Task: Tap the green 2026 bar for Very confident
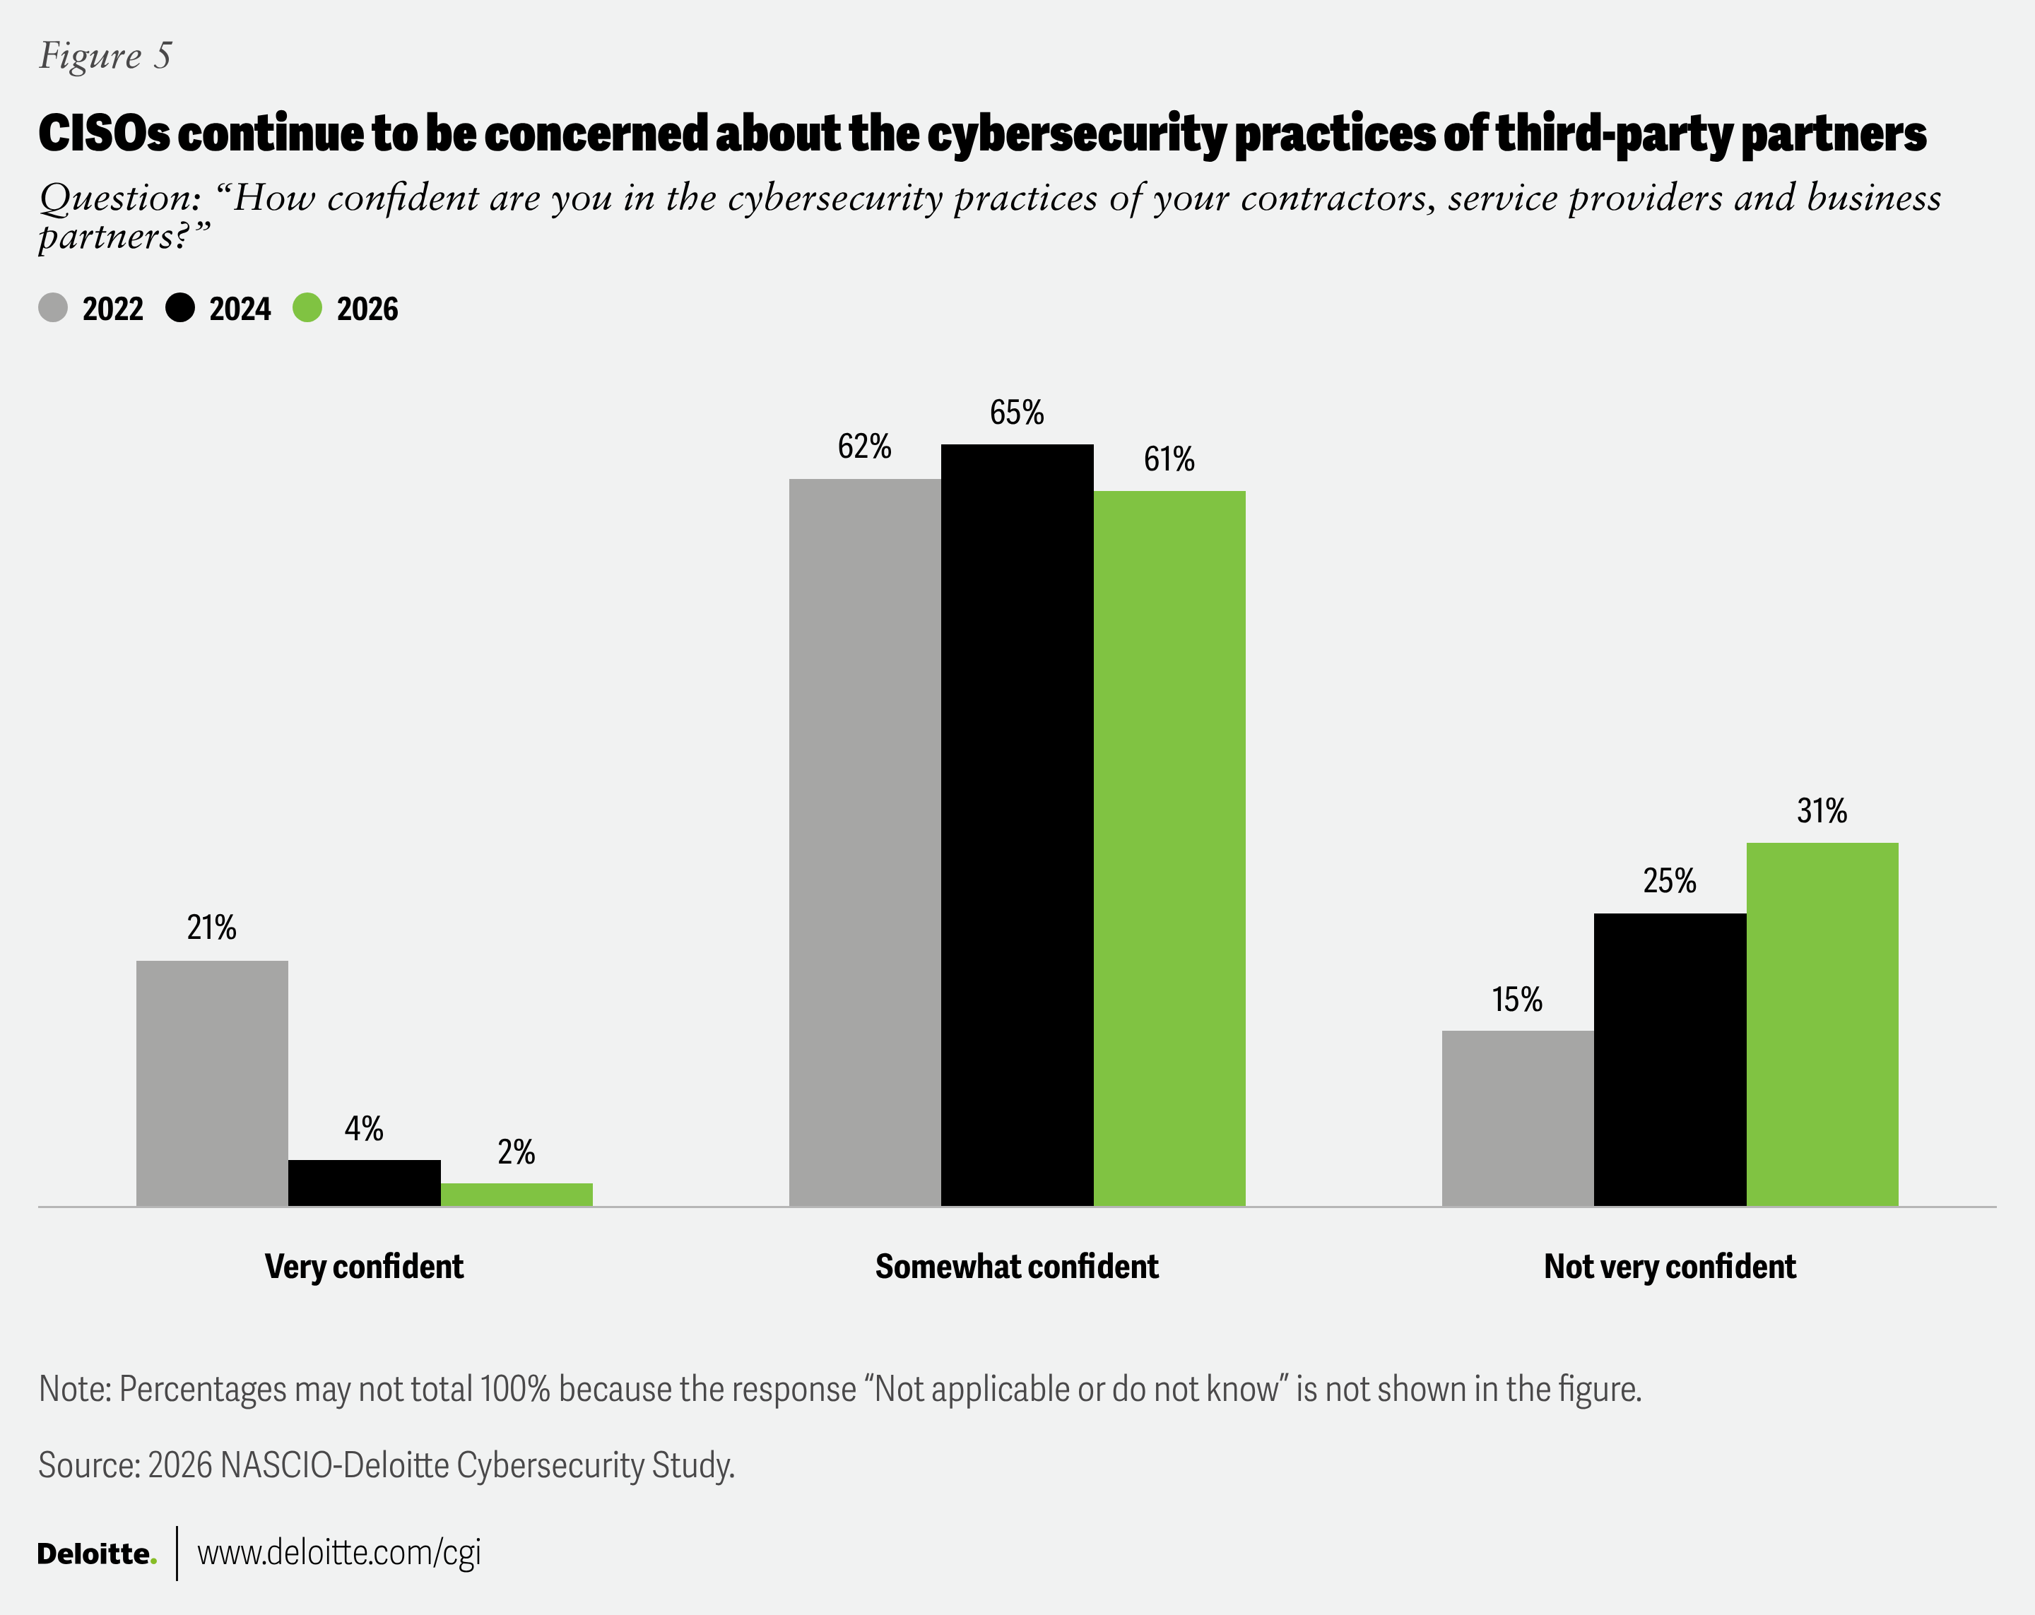[517, 1194]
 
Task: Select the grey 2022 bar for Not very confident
[1517, 1118]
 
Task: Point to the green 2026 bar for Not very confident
[1822, 1024]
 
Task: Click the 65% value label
[1017, 413]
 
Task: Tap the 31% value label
[1822, 811]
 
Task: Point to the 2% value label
[517, 1152]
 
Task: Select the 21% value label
[211, 928]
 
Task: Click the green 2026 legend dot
[307, 308]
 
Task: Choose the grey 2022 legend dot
[53, 308]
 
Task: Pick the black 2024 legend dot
[180, 308]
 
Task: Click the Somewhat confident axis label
[1017, 1267]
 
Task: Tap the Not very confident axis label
[1670, 1267]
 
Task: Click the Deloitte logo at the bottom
[95, 1554]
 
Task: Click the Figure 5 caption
[105, 56]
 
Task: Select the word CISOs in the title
[104, 133]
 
